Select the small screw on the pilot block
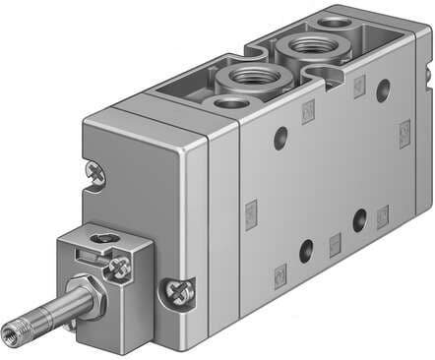tap(121, 266)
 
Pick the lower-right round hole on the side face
tap(361, 217)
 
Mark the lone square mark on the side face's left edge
tap(251, 209)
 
